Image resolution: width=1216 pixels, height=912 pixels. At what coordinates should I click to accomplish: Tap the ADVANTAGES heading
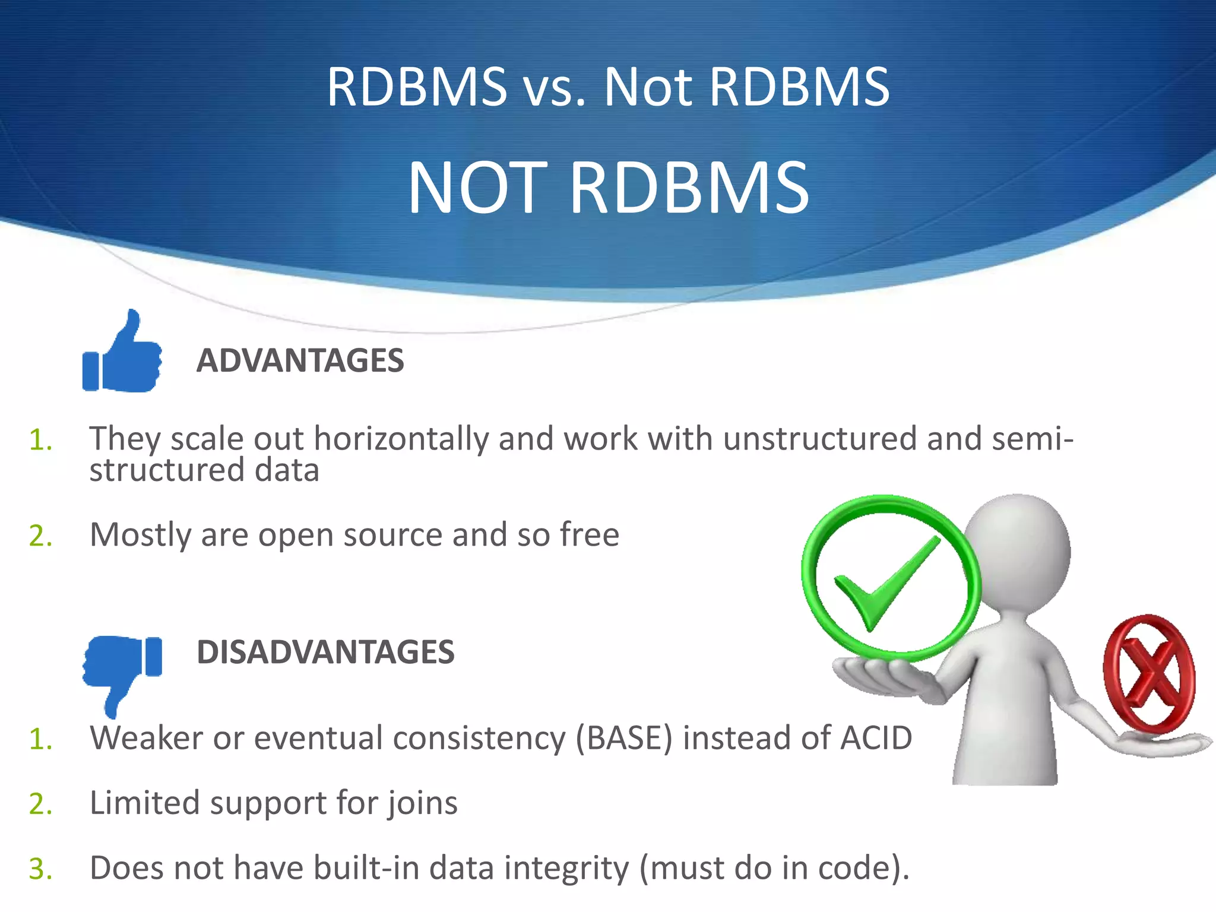point(300,360)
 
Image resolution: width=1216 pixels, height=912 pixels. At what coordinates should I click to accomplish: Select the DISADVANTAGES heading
point(325,652)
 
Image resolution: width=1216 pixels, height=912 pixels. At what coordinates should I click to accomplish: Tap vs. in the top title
point(555,88)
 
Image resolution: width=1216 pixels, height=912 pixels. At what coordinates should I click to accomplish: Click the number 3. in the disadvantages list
point(41,869)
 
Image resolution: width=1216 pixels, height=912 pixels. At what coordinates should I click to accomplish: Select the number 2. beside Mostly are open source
point(41,536)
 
